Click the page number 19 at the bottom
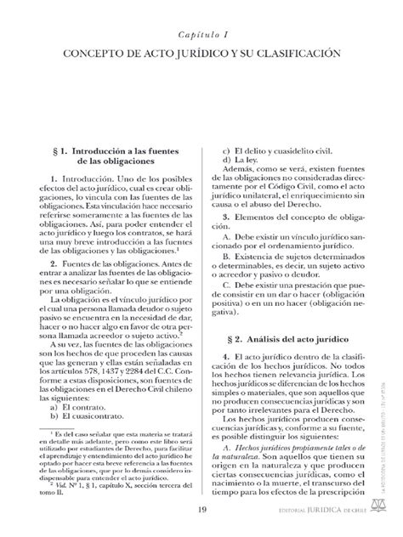(201, 510)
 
